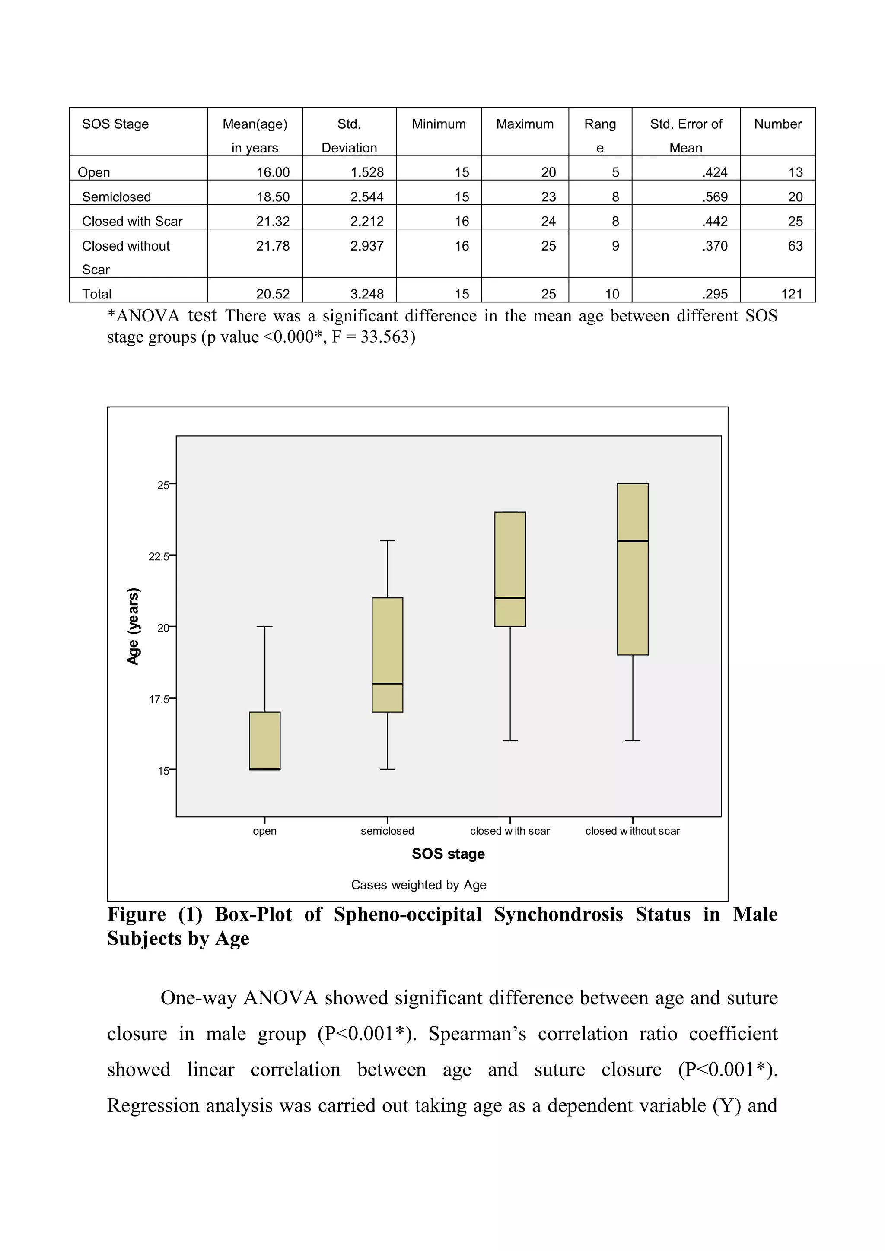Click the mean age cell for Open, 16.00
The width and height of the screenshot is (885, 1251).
(x=273, y=172)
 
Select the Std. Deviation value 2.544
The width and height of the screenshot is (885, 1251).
(x=367, y=197)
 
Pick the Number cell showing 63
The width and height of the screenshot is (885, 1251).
(x=795, y=246)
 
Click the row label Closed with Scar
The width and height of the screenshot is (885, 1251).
(x=132, y=221)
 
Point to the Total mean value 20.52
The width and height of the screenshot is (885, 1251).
(x=273, y=294)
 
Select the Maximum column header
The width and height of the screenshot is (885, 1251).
(x=524, y=124)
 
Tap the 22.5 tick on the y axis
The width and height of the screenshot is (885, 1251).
(x=159, y=556)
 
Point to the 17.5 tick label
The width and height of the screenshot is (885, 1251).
(x=159, y=699)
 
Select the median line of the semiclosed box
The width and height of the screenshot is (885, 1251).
(x=388, y=683)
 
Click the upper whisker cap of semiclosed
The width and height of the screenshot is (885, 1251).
(x=388, y=541)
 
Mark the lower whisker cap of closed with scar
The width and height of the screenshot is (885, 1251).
(x=510, y=741)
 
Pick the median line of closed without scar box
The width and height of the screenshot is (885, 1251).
(x=633, y=541)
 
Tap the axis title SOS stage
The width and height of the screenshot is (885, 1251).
(x=448, y=854)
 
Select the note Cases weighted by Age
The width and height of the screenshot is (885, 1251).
(x=419, y=885)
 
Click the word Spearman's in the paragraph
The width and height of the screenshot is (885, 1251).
(x=477, y=1034)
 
